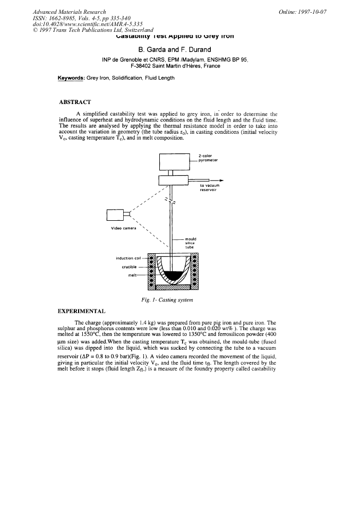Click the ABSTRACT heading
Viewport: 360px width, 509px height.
pos(76,101)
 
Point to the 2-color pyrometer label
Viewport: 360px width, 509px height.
pos(208,158)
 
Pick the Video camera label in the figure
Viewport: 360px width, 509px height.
pos(124,228)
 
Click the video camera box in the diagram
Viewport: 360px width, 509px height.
pos(115,215)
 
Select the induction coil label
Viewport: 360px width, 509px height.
pos(131,258)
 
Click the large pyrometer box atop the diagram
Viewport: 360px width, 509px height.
pos(174,160)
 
